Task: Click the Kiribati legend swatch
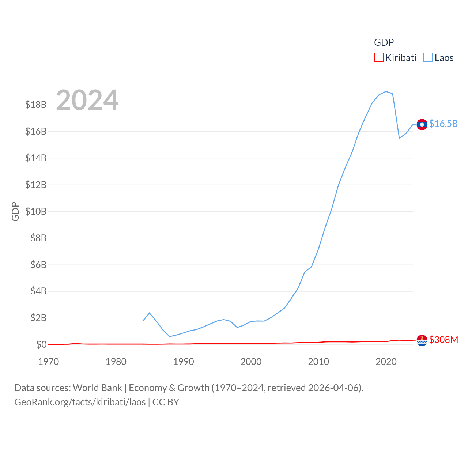379,58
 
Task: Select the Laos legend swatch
428,58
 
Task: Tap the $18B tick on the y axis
36,105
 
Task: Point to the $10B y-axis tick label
36,211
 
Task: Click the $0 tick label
41,344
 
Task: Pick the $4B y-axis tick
38,291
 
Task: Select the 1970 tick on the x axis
49,362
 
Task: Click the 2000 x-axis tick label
251,362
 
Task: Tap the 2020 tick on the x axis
386,362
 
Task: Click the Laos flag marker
422,124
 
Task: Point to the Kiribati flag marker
422,340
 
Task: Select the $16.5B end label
443,124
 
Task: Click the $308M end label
444,340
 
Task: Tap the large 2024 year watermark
87,100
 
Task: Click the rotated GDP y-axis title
15,211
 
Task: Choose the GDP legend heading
384,42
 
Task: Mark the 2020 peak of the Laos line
386,91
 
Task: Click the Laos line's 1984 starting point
143,321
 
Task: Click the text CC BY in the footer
166,402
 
